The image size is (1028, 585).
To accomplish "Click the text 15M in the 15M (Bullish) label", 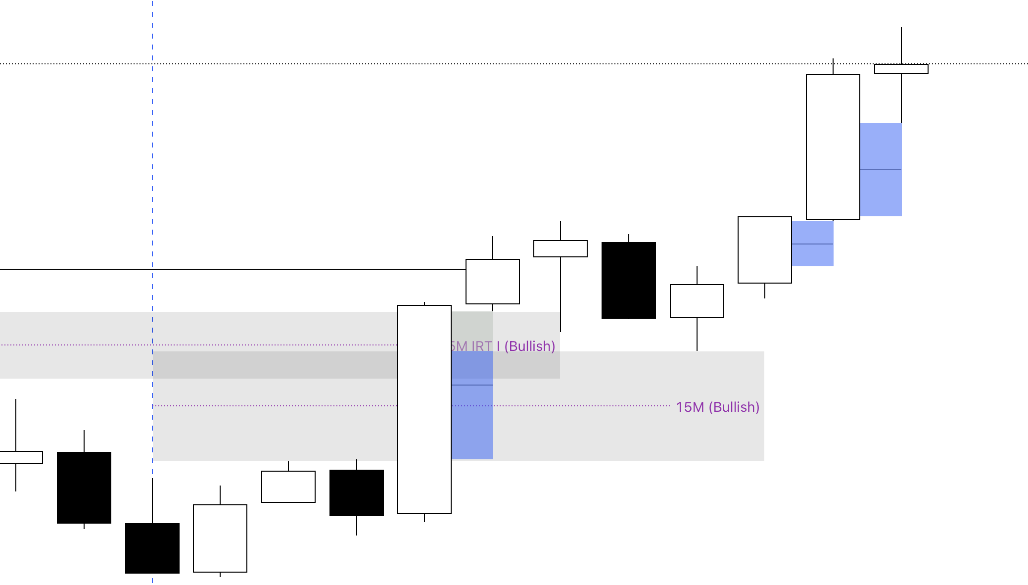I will coord(690,407).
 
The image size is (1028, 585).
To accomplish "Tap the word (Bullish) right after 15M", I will coord(734,407).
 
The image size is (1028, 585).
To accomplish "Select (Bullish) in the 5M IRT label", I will coord(530,346).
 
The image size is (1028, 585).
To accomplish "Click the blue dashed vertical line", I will coord(152,198).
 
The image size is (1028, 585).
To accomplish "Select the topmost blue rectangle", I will coord(881,148).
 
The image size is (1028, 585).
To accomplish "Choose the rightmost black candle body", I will coord(628,280).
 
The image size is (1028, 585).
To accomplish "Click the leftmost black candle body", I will coord(84,487).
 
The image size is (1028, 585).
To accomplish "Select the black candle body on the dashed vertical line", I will coord(152,548).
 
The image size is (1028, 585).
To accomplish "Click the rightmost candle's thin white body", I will coord(901,69).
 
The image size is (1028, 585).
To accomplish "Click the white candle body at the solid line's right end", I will coord(493,281).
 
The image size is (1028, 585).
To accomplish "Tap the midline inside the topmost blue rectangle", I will coord(881,170).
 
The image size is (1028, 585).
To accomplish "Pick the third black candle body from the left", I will coord(356,493).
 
